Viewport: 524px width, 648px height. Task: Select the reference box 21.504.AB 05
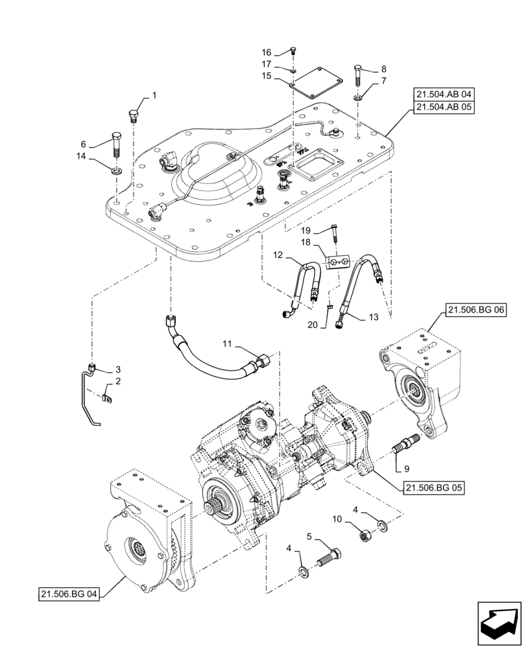point(445,108)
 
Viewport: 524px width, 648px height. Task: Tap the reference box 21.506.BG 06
point(476,312)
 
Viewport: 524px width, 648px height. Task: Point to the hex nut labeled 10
point(364,535)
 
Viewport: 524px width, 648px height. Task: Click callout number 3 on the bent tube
point(118,369)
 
